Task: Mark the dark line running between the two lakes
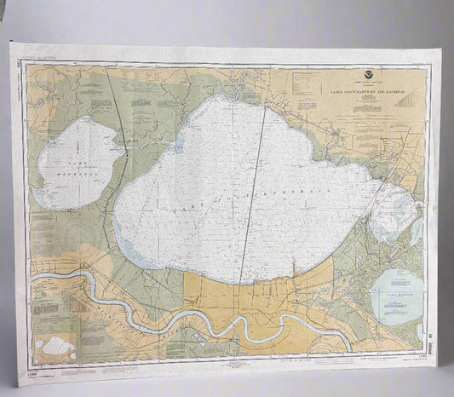pos(119,128)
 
